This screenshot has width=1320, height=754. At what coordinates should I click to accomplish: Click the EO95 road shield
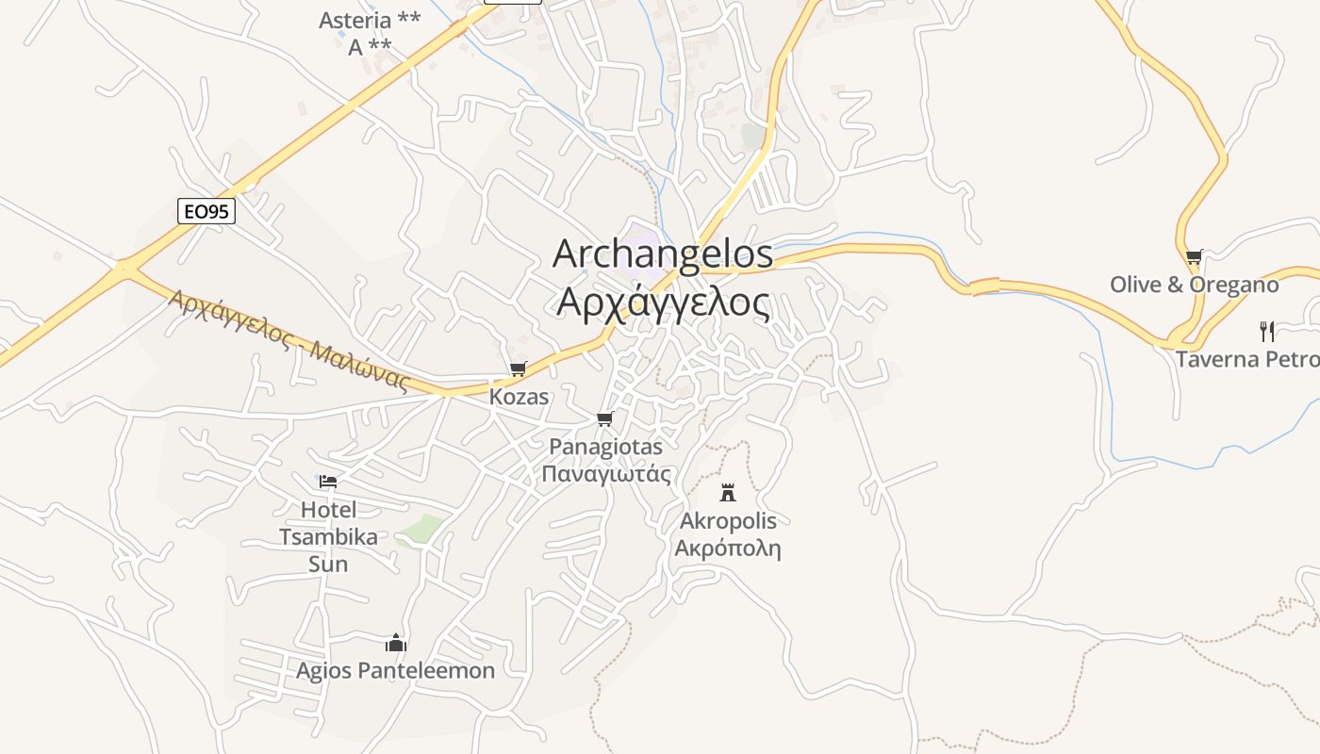pos(206,211)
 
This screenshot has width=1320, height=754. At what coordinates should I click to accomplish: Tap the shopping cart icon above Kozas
pos(518,369)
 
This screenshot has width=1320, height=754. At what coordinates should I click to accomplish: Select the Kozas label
pos(519,397)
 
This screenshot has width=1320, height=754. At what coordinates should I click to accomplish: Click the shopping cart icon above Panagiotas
pos(605,418)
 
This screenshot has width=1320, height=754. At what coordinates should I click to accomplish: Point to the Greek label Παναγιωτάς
pos(606,473)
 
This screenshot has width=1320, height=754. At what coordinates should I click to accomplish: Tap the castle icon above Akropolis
pos(728,492)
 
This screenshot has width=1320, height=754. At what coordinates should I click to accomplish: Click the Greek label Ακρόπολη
pos(728,549)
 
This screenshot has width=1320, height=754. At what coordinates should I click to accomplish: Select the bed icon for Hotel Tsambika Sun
pos(328,482)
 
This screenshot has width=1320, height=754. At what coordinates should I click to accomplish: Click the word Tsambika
pos(328,537)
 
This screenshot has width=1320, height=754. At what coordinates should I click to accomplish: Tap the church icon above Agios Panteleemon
pos(396,643)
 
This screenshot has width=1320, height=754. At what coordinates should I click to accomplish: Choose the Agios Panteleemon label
pos(395,671)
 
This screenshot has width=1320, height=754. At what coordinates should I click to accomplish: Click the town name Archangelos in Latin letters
pos(663,254)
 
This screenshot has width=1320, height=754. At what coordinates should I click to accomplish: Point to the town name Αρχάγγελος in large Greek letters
pos(663,303)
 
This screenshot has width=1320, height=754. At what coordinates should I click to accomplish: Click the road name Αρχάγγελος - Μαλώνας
pos(289,340)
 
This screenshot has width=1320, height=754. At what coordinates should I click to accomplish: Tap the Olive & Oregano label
pos(1194,285)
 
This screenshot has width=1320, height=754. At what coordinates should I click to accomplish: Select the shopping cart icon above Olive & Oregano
pos(1194,256)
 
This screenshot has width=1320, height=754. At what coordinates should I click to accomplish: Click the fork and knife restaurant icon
pos(1267,331)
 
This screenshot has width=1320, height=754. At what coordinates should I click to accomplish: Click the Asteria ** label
pos(370,21)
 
